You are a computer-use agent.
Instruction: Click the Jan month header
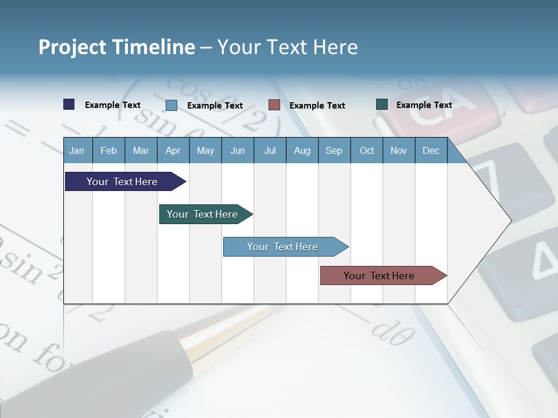point(77,151)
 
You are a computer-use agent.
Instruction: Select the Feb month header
point(109,151)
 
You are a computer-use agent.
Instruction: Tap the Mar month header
point(141,151)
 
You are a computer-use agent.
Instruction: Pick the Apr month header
point(173,151)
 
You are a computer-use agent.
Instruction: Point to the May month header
point(205,151)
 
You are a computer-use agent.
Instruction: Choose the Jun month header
point(238,151)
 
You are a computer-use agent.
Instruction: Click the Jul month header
point(270,151)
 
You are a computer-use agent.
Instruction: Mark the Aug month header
point(302,151)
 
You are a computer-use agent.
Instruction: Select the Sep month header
point(334,151)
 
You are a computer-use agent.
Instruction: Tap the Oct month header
point(367,151)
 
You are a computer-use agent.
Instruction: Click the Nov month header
point(399,151)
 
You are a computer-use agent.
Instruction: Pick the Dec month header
point(431,151)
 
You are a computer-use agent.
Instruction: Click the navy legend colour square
point(69,105)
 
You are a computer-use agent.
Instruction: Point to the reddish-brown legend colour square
point(274,105)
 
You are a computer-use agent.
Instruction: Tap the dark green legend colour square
point(382,105)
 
